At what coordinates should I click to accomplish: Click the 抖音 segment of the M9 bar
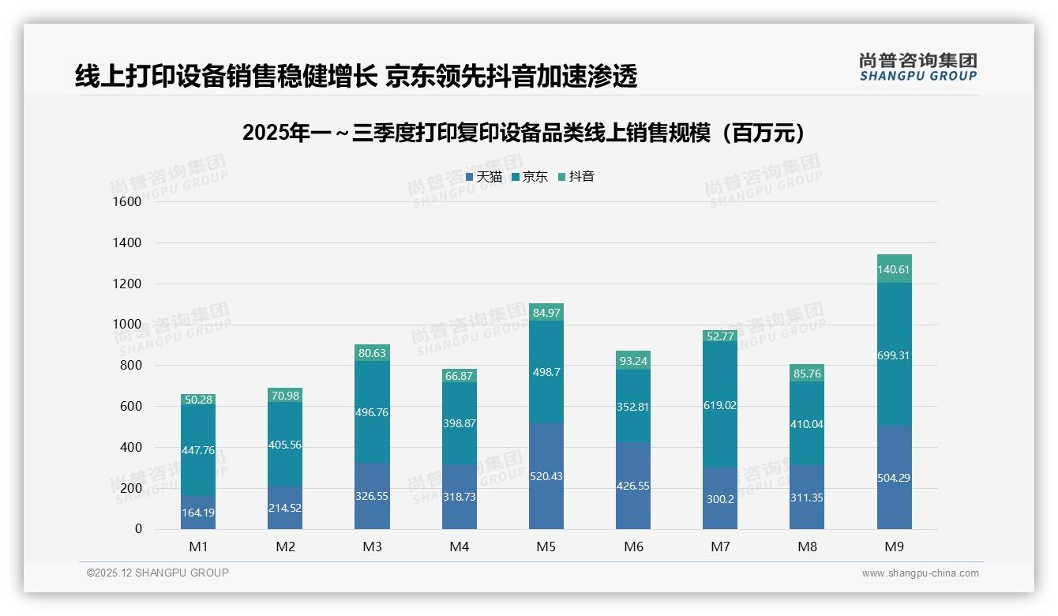point(894,269)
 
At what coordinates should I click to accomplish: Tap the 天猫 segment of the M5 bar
point(546,475)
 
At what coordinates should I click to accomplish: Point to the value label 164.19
point(198,513)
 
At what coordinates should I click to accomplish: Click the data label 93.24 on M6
point(633,361)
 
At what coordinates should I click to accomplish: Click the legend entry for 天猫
point(484,177)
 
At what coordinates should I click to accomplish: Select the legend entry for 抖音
point(576,177)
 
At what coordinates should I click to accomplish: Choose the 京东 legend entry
point(530,177)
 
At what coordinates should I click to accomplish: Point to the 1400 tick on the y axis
point(127,242)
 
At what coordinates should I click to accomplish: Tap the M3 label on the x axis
point(373,547)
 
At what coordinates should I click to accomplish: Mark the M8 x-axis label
point(807,547)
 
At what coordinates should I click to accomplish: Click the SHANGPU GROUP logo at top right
point(918,66)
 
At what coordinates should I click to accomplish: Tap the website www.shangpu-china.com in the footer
point(920,573)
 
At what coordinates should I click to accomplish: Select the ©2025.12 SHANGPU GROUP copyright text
point(158,573)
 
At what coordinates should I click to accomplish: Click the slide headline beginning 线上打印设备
point(355,76)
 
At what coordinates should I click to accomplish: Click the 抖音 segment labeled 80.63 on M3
point(373,353)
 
